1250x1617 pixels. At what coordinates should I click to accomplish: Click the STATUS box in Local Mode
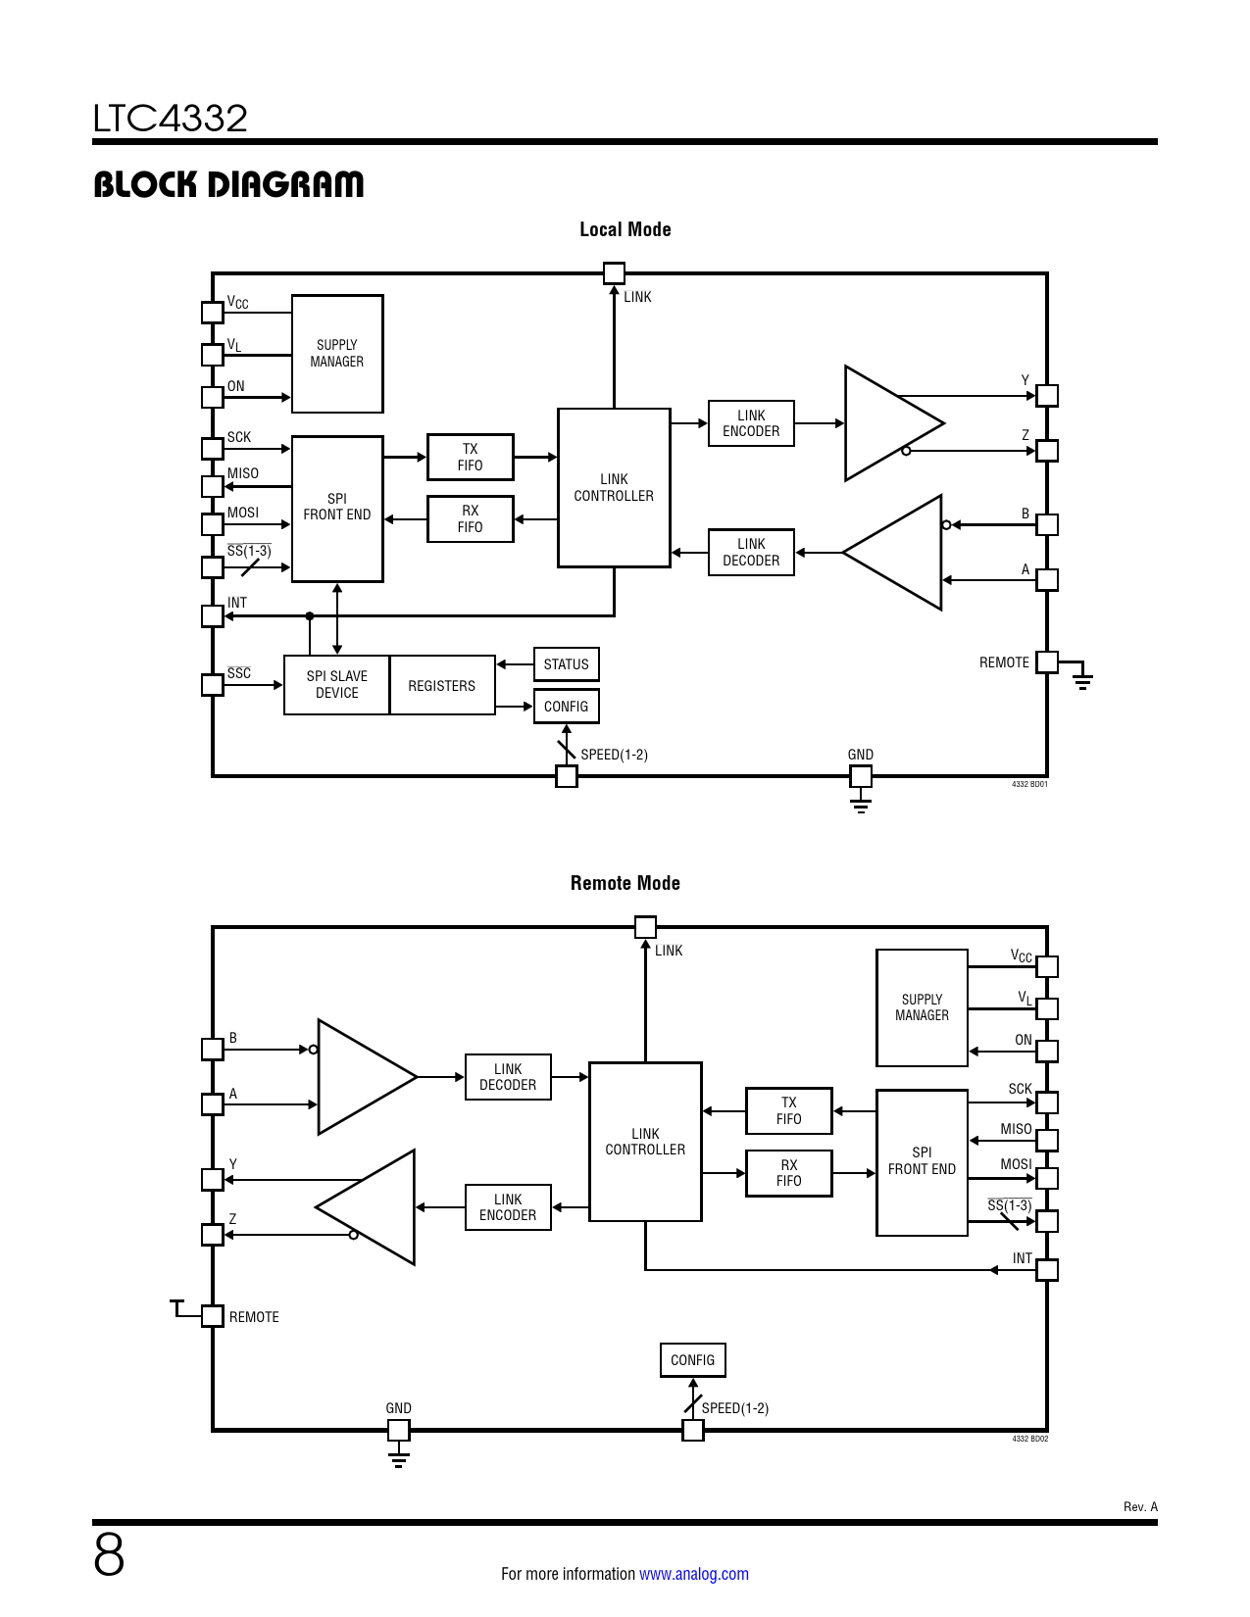566,664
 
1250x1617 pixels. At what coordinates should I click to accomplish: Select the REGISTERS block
441,686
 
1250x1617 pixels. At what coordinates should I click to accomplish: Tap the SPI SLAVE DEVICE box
336,685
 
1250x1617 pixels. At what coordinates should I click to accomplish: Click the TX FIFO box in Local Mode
470,457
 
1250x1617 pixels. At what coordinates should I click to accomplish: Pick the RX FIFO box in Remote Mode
788,1173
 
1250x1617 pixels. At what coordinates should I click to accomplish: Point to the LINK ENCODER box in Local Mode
751,423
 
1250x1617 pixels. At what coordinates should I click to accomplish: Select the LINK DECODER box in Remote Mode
508,1077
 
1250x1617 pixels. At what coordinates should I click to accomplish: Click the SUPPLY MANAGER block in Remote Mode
922,1007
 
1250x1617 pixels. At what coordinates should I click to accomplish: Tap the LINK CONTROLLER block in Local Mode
614,488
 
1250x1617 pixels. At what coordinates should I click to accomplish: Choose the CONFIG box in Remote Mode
692,1360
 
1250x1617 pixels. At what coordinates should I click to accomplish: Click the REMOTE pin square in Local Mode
1047,662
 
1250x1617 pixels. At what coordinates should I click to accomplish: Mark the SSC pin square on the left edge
213,684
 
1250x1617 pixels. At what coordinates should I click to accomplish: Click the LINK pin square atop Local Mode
614,272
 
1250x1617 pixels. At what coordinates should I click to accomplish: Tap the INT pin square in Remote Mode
1047,1270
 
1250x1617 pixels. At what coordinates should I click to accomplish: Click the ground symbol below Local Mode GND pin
860,806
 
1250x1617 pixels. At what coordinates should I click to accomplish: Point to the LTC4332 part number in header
171,119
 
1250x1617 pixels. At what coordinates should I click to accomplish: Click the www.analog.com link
693,1574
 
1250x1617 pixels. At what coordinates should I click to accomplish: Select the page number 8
109,1555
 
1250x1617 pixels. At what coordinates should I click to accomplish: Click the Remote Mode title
625,883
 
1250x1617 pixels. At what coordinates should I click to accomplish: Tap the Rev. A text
1140,1506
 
